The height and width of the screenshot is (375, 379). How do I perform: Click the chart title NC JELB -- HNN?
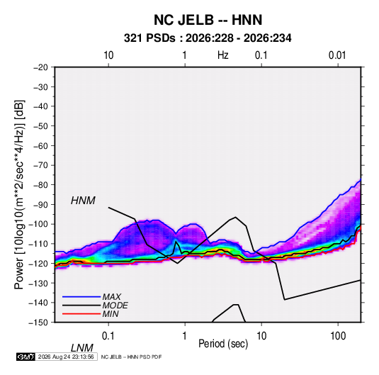point(208,20)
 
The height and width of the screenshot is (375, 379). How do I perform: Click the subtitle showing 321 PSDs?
point(208,38)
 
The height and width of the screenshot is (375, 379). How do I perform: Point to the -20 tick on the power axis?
point(40,67)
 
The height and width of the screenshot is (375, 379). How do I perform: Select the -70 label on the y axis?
point(40,165)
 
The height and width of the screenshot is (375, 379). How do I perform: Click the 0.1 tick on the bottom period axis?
point(108,336)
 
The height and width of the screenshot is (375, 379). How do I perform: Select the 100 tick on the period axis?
point(338,336)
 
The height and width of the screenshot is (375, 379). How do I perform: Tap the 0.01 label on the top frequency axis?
point(337,55)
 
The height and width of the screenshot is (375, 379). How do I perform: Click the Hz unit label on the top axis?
point(223,55)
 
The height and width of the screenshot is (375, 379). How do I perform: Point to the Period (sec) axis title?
point(223,344)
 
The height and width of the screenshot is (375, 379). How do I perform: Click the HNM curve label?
point(83,201)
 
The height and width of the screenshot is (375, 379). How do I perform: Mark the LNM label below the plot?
point(82,348)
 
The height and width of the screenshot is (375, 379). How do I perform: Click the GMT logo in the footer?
point(26,357)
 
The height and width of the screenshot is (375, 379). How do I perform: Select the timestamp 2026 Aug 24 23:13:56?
point(66,357)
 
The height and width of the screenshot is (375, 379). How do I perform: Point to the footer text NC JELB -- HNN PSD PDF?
point(131,357)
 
